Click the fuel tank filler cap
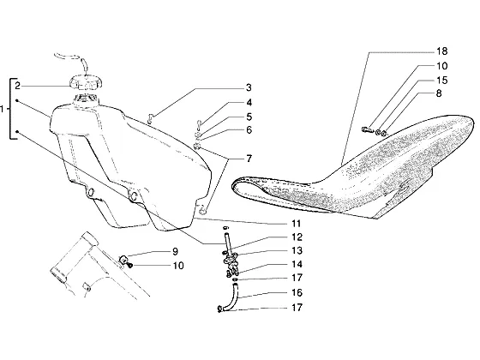click(86, 83)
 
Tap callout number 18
click(441, 51)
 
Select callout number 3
click(249, 87)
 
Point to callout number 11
click(296, 224)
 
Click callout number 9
click(175, 251)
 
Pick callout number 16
click(297, 292)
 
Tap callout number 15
click(441, 81)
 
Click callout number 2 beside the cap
click(17, 86)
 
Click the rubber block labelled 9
click(124, 260)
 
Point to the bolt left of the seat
click(367, 129)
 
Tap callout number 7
click(249, 159)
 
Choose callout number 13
click(297, 250)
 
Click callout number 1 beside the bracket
click(3, 109)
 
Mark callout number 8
click(439, 93)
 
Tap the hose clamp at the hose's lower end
click(219, 309)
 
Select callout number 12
click(297, 237)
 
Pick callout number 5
click(249, 117)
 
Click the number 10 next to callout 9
click(178, 266)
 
